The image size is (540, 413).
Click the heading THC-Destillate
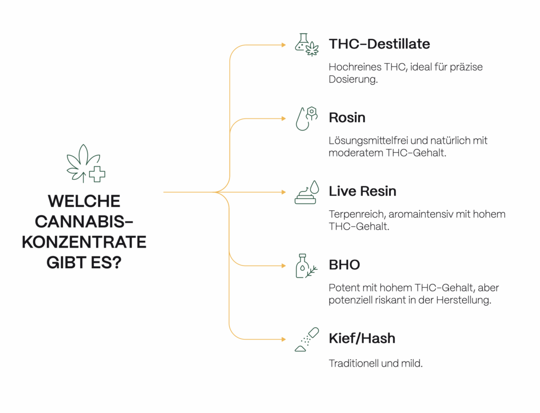(379, 44)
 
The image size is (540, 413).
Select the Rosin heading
(347, 117)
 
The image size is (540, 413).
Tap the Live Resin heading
(362, 191)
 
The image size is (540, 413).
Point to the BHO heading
(344, 265)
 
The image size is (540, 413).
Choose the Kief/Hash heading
(362, 339)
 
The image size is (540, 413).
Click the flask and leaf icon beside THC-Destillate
(307, 45)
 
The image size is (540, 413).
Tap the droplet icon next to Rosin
(307, 119)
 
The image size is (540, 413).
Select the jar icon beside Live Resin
(307, 192)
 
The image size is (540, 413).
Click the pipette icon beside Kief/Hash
(307, 339)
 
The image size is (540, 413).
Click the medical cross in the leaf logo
(98, 174)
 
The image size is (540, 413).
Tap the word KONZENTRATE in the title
(84, 242)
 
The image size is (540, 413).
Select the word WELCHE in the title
(84, 201)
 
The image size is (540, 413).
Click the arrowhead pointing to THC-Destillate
(284, 45)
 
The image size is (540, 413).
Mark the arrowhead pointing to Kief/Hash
(284, 339)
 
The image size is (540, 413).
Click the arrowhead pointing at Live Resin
(284, 192)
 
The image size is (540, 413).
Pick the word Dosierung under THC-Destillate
(353, 80)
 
